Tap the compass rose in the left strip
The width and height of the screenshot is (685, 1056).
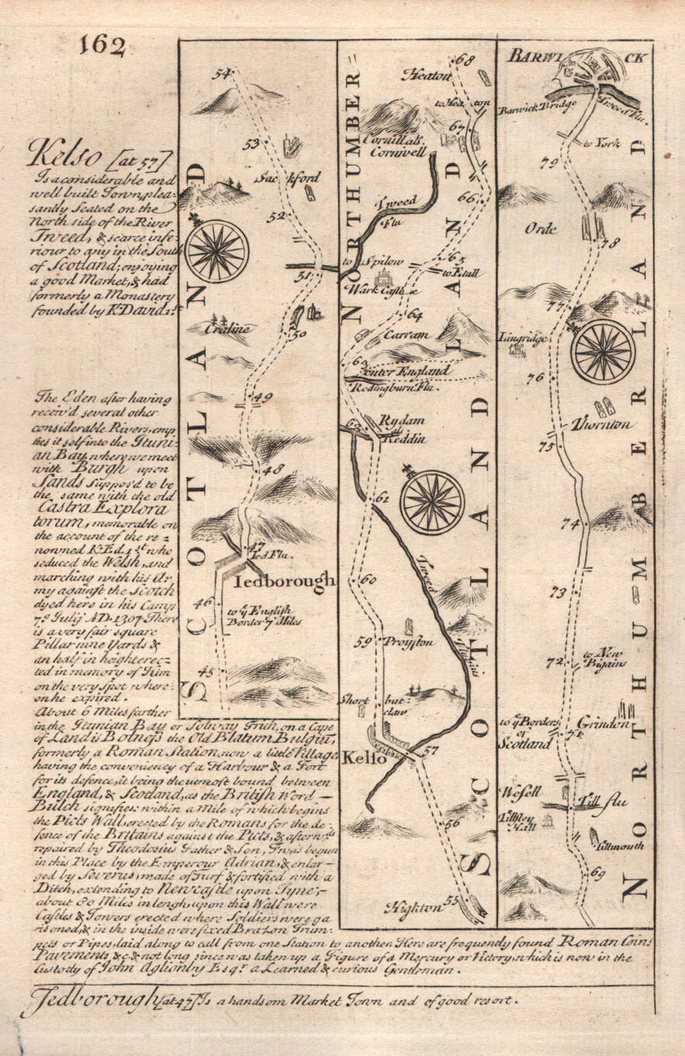tap(216, 250)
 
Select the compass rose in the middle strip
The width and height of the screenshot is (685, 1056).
tap(434, 501)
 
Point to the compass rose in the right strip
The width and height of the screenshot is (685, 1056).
tap(603, 352)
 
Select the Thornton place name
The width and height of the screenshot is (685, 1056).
tap(603, 424)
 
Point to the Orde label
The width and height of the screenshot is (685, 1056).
tap(540, 229)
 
